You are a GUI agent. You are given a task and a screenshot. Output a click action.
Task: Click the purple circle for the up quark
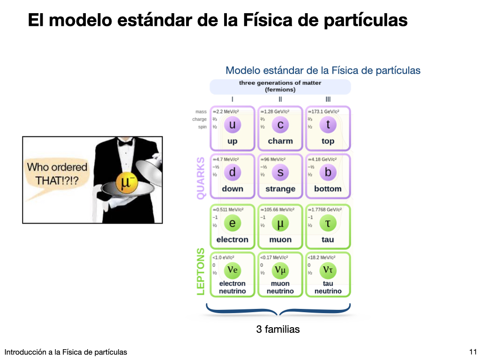pyautogui.click(x=232, y=125)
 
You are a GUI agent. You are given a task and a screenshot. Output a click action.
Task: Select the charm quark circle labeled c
pyautogui.click(x=280, y=125)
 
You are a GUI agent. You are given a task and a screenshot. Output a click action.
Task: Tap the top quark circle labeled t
pyautogui.click(x=328, y=125)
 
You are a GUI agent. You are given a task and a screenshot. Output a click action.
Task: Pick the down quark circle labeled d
pyautogui.click(x=232, y=172)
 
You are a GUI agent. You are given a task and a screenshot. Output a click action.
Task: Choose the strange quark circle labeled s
pyautogui.click(x=280, y=172)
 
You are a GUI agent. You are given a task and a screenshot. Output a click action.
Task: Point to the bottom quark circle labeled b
pyautogui.click(x=328, y=172)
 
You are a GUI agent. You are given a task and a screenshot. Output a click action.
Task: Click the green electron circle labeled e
pyautogui.click(x=232, y=223)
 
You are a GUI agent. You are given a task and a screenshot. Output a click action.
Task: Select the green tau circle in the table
pyautogui.click(x=328, y=223)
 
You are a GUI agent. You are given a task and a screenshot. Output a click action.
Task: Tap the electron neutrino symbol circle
pyautogui.click(x=232, y=270)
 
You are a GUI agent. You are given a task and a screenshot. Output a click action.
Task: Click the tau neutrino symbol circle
pyautogui.click(x=328, y=270)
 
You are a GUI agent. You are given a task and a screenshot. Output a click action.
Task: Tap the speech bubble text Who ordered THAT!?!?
pyautogui.click(x=57, y=173)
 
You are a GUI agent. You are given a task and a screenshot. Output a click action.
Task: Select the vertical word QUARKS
pyautogui.click(x=201, y=178)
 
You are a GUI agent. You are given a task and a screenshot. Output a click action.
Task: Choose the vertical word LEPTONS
pyautogui.click(x=201, y=271)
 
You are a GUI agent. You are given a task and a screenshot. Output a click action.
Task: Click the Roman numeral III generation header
pyautogui.click(x=328, y=99)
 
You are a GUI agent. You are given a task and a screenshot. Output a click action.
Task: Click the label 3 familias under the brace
pyautogui.click(x=278, y=329)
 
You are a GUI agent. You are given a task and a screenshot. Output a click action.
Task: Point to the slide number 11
pyautogui.click(x=472, y=352)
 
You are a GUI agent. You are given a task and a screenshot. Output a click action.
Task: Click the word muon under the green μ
pyautogui.click(x=280, y=240)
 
